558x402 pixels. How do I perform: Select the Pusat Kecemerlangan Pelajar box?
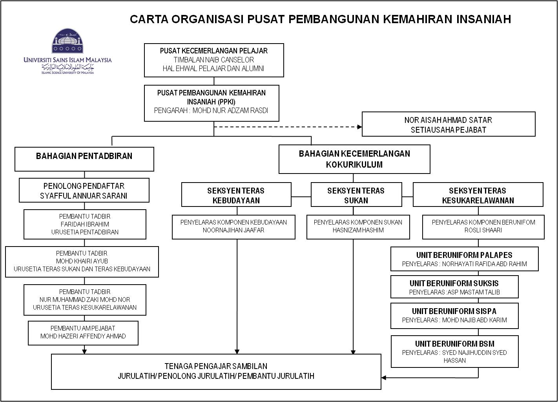(x=214, y=60)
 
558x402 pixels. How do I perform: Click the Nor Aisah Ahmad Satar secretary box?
(x=448, y=124)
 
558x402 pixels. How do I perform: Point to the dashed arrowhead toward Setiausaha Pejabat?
(x=359, y=127)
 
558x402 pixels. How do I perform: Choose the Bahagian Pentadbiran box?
(x=84, y=159)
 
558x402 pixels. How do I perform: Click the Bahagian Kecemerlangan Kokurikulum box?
(x=354, y=159)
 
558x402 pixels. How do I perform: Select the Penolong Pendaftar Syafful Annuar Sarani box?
(x=84, y=190)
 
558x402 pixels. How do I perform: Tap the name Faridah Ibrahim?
(x=85, y=224)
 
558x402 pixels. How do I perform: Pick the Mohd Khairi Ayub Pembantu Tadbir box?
(x=82, y=261)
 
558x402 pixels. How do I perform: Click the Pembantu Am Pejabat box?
(x=83, y=333)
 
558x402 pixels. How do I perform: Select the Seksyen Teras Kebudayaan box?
(x=236, y=195)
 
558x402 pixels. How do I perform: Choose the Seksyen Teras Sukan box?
(x=356, y=195)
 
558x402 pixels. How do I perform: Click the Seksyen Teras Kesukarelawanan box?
(x=478, y=195)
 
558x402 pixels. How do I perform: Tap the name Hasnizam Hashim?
(x=358, y=230)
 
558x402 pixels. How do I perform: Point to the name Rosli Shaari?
(x=483, y=230)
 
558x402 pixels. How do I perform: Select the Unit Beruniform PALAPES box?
(x=464, y=259)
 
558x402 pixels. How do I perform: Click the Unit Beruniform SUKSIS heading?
(x=454, y=283)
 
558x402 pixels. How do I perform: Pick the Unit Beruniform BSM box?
(x=454, y=351)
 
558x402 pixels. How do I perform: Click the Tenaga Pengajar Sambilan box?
(x=216, y=371)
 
